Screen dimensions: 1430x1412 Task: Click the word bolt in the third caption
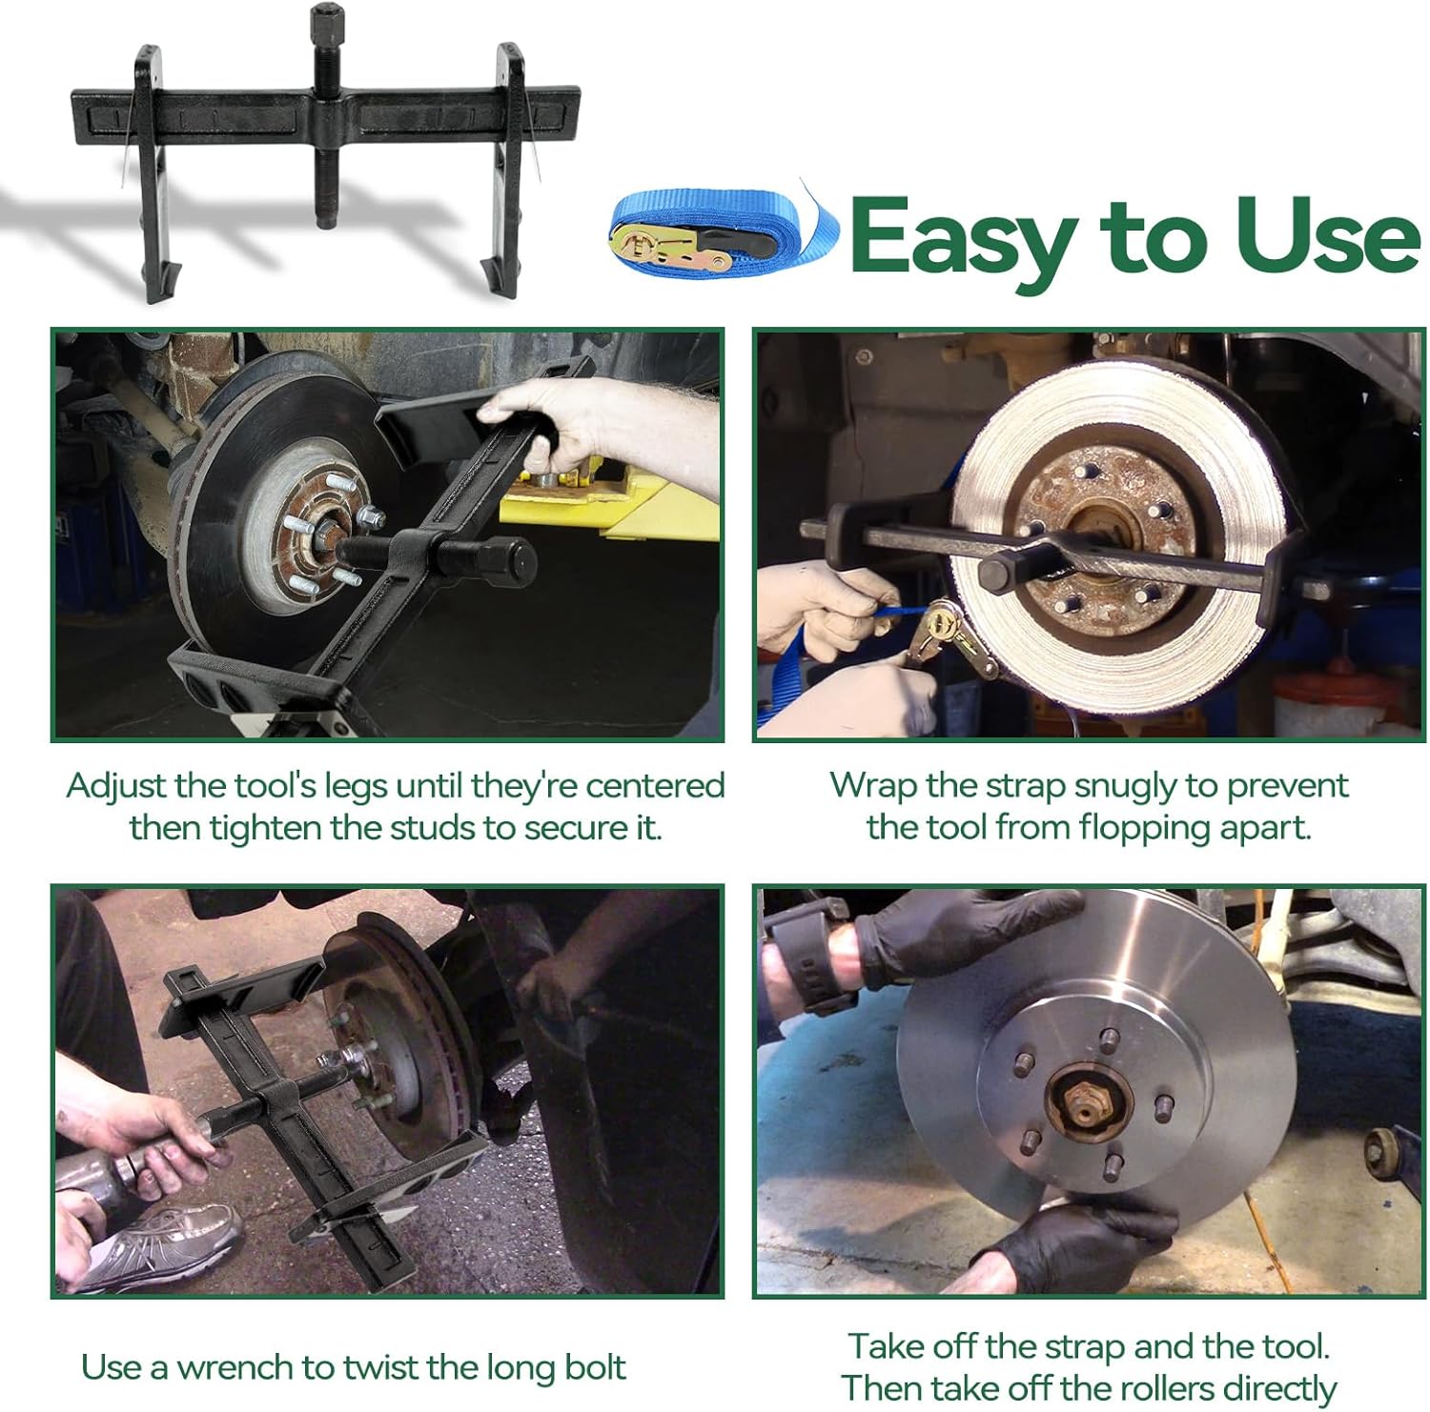pyautogui.click(x=591, y=1366)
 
